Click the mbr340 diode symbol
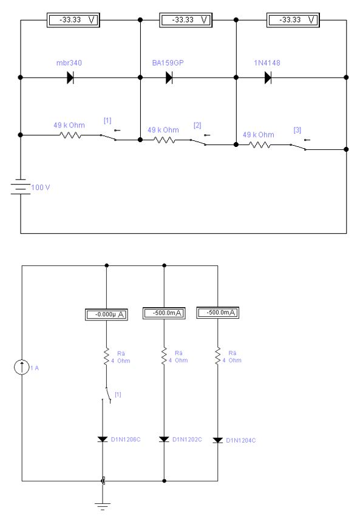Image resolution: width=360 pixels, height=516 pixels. pyautogui.click(x=70, y=78)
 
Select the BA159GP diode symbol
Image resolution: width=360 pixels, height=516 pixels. pyautogui.click(x=169, y=78)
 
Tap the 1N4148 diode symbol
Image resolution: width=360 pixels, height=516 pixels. pyautogui.click(x=268, y=78)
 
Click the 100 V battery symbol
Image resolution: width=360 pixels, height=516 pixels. pyautogui.click(x=21, y=186)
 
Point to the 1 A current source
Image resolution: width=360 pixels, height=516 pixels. pyautogui.click(x=22, y=367)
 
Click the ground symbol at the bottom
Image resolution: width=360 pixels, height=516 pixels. pyautogui.click(x=103, y=506)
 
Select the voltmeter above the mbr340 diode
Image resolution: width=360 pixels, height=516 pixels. pyautogui.click(x=73, y=20)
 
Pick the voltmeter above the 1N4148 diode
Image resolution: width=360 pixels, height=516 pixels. pyautogui.click(x=293, y=20)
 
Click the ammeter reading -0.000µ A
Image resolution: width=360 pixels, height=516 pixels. pyautogui.click(x=106, y=314)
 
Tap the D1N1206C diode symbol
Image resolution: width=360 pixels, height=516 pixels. pyautogui.click(x=103, y=440)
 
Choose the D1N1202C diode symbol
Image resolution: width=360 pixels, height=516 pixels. pyautogui.click(x=164, y=440)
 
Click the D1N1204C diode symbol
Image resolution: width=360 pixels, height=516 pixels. pyautogui.click(x=217, y=440)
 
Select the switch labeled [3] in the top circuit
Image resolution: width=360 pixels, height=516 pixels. pyautogui.click(x=300, y=145)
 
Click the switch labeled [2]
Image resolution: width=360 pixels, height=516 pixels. pyautogui.click(x=200, y=140)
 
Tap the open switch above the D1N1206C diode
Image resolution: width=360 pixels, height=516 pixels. pyautogui.click(x=107, y=395)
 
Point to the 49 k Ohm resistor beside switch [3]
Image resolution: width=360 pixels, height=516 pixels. pyautogui.click(x=260, y=145)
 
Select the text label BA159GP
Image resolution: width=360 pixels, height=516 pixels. pyautogui.click(x=168, y=63)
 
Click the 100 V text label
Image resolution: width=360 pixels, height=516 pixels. pyautogui.click(x=41, y=187)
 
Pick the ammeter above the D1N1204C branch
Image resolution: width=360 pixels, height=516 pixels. pyautogui.click(x=217, y=313)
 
